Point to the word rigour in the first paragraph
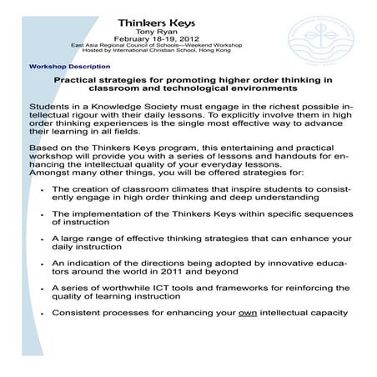93,117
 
